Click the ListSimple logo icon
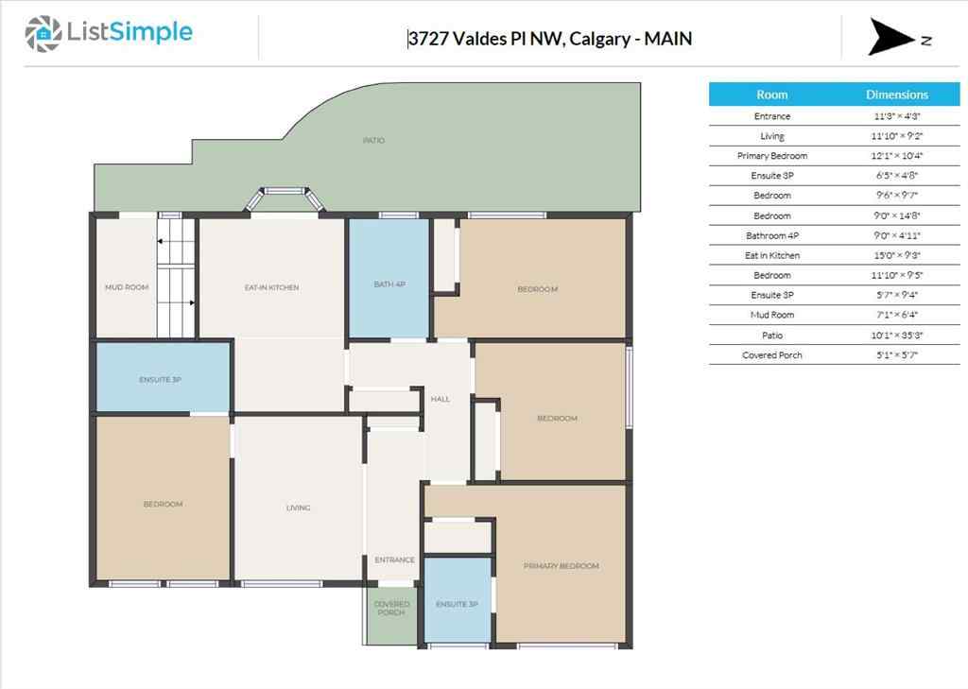coord(42,34)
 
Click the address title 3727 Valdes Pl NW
coord(549,39)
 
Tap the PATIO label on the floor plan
coord(373,141)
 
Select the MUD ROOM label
coord(126,287)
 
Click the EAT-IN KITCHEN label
coord(271,287)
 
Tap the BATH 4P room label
coord(389,284)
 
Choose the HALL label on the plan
coord(440,399)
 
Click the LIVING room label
coord(298,508)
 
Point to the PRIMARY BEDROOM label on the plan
coord(561,566)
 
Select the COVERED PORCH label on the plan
coord(391,609)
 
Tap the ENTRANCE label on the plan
coord(394,560)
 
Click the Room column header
coord(771,95)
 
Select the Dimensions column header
coord(897,95)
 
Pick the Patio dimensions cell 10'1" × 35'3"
coord(897,336)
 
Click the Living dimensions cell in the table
coord(897,136)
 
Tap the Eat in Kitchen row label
coord(771,255)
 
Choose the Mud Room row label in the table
coord(771,315)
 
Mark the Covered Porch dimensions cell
coord(897,355)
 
